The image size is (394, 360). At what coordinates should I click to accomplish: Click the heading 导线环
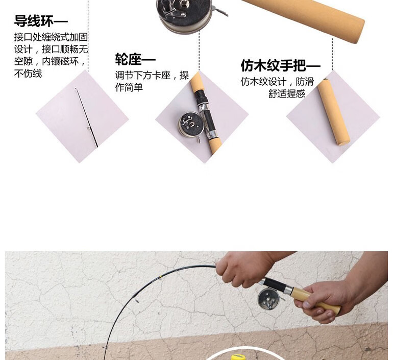[34, 21]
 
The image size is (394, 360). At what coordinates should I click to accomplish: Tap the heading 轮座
[129, 60]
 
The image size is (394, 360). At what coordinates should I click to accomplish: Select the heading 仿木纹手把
[274, 65]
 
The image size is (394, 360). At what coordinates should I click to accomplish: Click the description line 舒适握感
[287, 93]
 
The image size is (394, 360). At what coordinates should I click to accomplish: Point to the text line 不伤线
[28, 74]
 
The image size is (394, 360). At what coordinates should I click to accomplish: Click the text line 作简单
[129, 87]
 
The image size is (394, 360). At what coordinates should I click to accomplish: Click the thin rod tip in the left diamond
[86, 117]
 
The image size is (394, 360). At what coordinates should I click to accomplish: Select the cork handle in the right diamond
[333, 112]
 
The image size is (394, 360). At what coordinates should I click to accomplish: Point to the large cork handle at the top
[303, 19]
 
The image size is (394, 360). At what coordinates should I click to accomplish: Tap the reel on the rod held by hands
[268, 299]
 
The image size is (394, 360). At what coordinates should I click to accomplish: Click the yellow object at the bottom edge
[238, 357]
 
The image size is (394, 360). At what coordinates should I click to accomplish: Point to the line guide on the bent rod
[136, 300]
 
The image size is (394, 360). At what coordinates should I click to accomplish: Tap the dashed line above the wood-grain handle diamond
[332, 55]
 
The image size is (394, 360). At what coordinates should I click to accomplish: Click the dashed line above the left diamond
[88, 36]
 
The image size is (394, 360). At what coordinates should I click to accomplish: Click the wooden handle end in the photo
[335, 309]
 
